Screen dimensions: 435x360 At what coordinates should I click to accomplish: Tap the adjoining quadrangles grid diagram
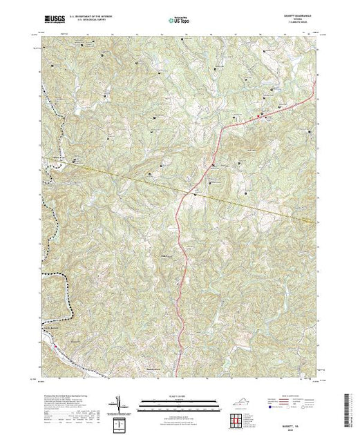(239, 418)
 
